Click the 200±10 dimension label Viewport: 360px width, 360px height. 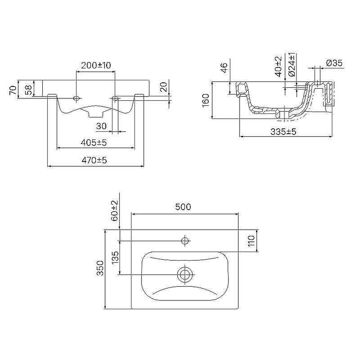click(96, 66)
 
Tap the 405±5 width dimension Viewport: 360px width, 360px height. click(94, 142)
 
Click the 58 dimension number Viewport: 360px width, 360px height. click(29, 90)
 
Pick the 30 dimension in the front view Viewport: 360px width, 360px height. click(101, 126)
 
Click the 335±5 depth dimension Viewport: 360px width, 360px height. click(283, 131)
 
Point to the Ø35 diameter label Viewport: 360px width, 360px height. click(334, 63)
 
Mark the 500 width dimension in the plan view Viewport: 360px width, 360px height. click(183, 207)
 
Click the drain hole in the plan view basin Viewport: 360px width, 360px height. click(185, 274)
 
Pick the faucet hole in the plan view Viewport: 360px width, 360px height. click(185, 241)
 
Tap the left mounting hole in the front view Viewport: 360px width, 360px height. click(76, 98)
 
